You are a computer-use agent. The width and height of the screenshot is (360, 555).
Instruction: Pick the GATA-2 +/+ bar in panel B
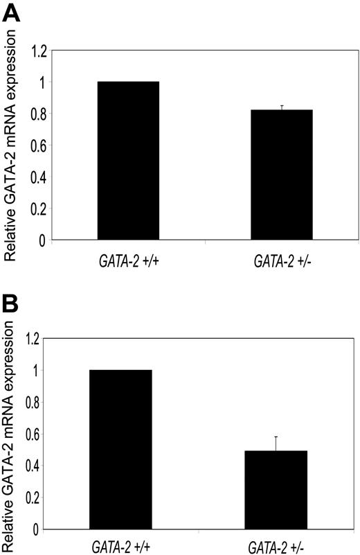pyautogui.click(x=121, y=450)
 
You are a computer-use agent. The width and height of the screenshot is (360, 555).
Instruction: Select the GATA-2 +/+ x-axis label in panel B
pyautogui.click(x=121, y=545)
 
